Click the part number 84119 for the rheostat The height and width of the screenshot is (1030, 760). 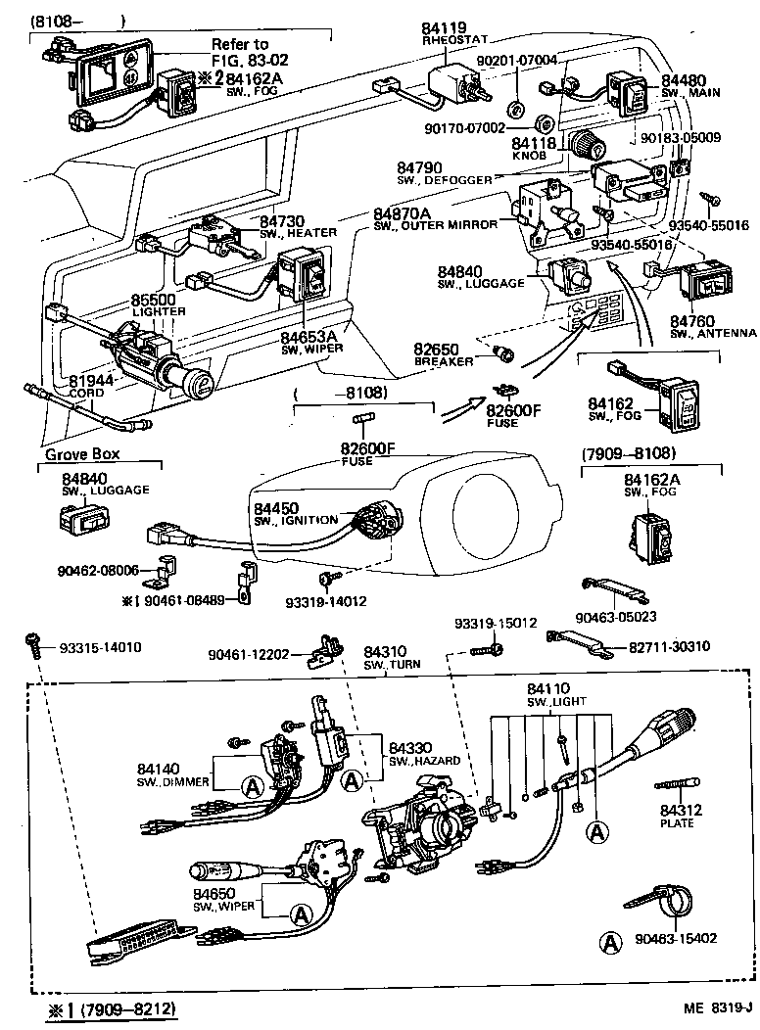444,29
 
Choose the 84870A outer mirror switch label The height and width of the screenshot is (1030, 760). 401,212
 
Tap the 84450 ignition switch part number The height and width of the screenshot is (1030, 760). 280,508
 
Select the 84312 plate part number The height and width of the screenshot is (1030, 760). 677,811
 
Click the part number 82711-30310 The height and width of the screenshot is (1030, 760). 670,647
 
